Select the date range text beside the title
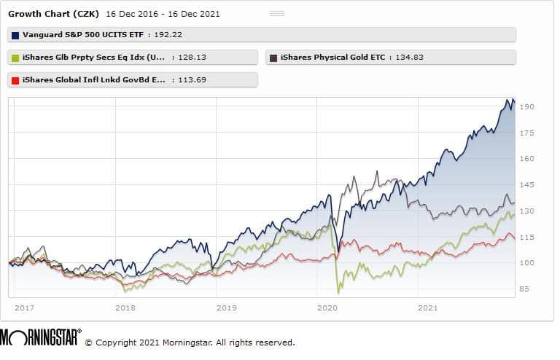[x=163, y=14]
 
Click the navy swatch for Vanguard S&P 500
[x=15, y=34]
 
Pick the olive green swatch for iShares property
[x=15, y=58]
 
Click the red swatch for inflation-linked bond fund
[x=15, y=79]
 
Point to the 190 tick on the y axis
[x=528, y=107]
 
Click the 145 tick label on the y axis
[x=528, y=185]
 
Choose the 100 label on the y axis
[x=528, y=263]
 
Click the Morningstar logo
[x=41, y=339]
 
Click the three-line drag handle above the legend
[x=277, y=13]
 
